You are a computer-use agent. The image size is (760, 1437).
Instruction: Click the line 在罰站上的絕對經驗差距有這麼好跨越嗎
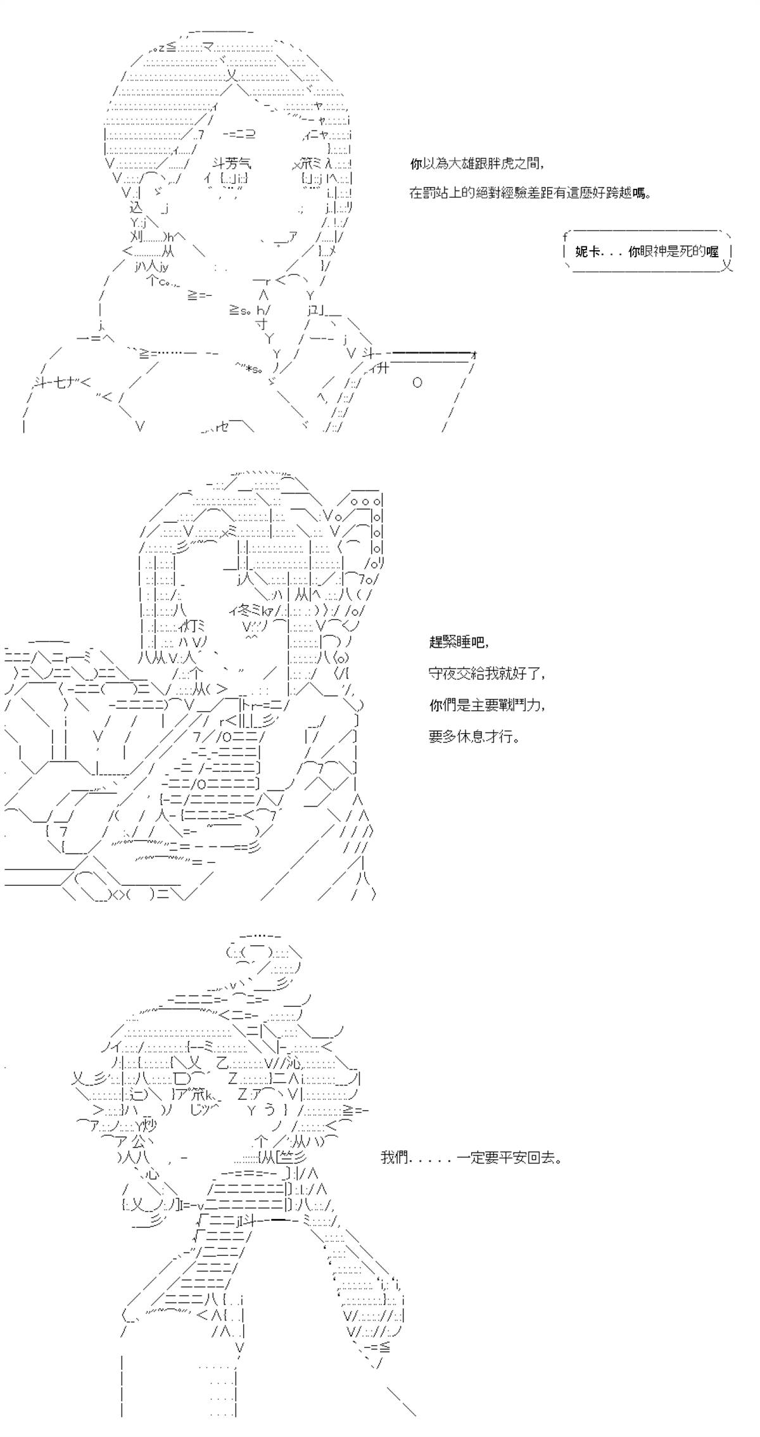pos(530,193)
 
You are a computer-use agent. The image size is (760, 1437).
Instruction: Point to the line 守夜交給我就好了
pos(486,674)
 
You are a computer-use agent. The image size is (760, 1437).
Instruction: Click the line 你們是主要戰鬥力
pos(486,705)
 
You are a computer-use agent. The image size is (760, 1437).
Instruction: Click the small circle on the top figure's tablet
pos(417,383)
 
